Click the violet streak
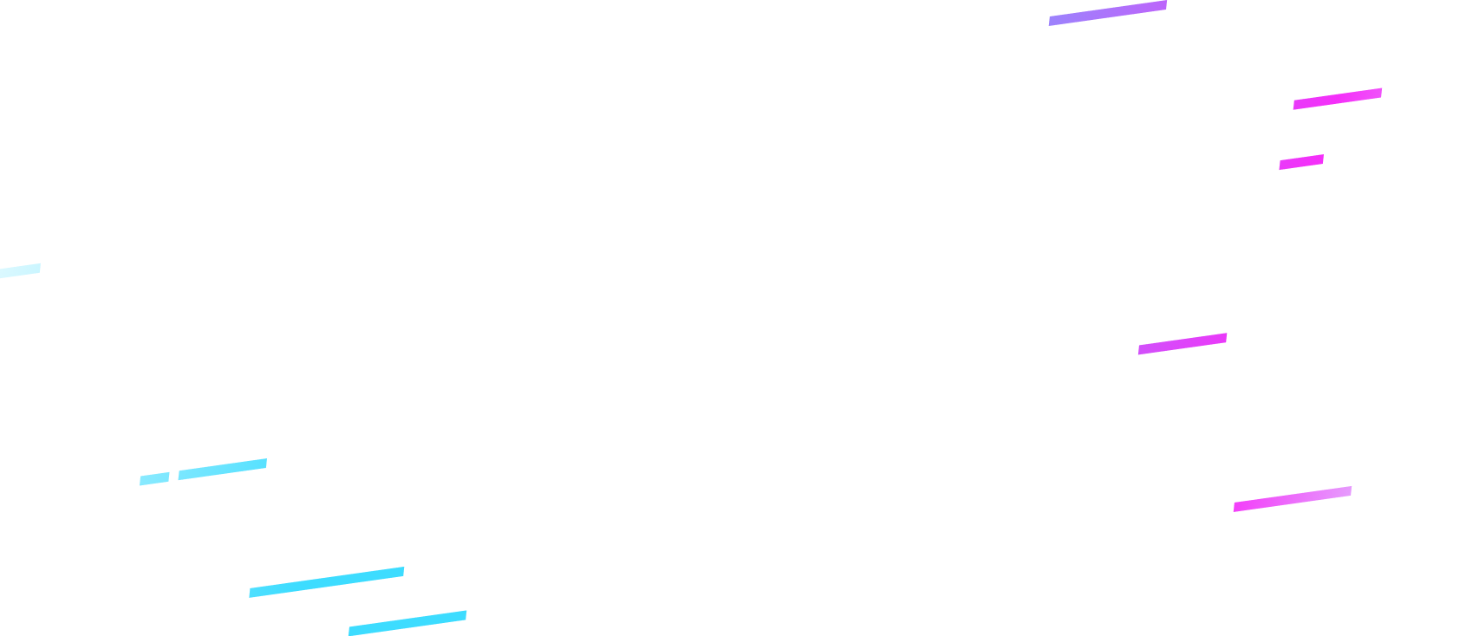click(1108, 13)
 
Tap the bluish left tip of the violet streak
click(1052, 20)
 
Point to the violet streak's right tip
click(1164, 6)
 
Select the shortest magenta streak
click(1301, 162)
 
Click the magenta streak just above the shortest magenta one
click(1338, 99)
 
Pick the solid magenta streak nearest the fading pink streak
click(1183, 344)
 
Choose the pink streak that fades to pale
click(1292, 499)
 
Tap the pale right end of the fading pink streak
click(1348, 491)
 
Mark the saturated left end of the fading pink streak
click(1237, 507)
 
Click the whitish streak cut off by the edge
click(19, 270)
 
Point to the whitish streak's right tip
click(39, 268)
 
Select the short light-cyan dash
click(154, 478)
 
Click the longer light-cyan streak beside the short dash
click(222, 469)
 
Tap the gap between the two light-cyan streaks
click(174, 476)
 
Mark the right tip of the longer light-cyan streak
click(264, 463)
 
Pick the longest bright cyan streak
click(327, 582)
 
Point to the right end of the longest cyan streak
click(402, 572)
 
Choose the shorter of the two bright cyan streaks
click(407, 623)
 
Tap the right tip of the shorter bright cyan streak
click(465, 615)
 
